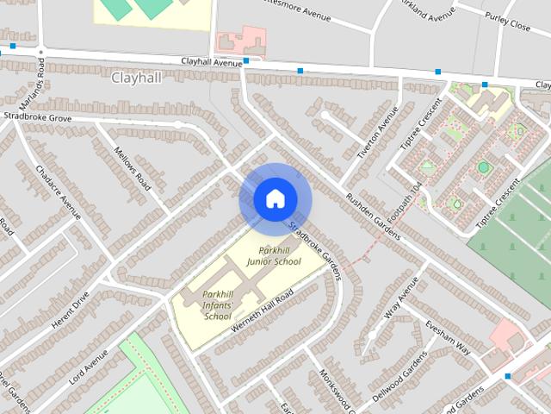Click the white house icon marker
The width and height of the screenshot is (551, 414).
tap(275, 198)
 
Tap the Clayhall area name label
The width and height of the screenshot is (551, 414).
tap(135, 78)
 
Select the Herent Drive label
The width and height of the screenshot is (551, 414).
tap(71, 312)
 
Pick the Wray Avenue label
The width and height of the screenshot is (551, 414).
tap(401, 298)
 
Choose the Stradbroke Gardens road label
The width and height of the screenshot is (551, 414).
tap(315, 251)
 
